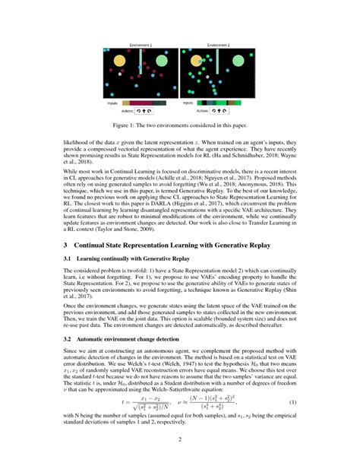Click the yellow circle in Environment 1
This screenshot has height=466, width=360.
click(x=118, y=60)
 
